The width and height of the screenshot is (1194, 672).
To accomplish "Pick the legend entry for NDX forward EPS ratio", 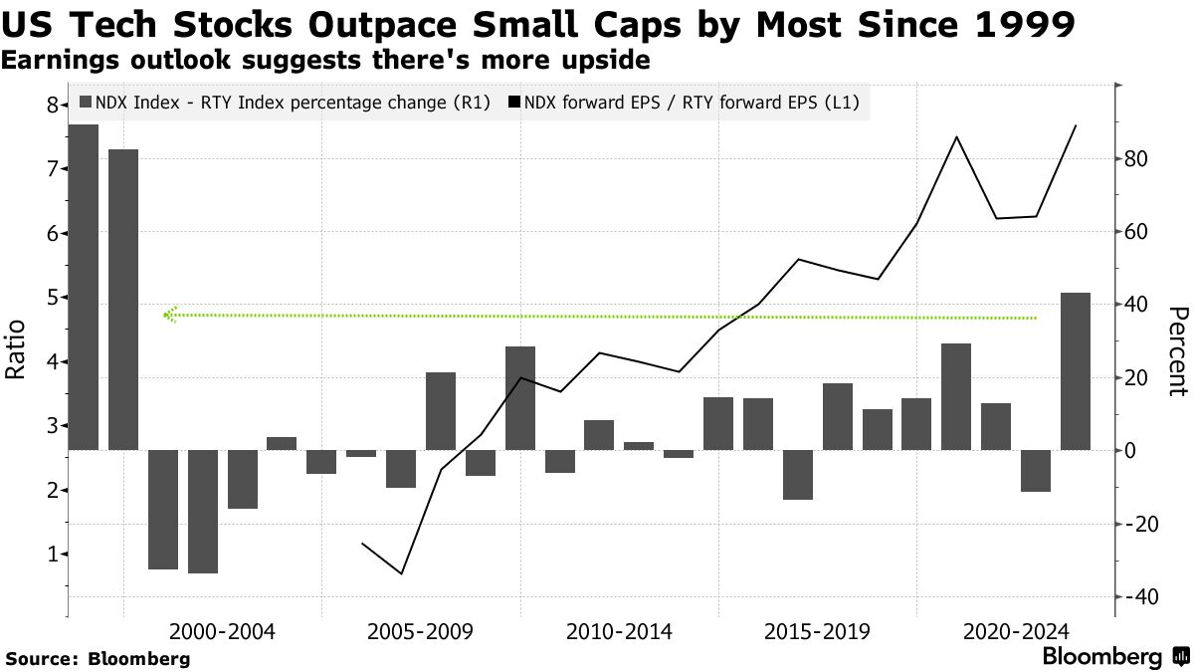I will coord(688,102).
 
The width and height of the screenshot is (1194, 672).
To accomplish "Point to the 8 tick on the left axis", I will coord(51,105).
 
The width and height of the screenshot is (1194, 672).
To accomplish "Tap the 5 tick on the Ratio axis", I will coord(51,298).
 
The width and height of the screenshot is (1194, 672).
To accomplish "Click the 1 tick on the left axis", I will coord(51,555).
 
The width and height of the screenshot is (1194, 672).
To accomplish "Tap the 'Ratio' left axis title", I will coord(16,349).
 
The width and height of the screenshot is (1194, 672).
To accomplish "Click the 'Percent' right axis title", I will coord(1177,350).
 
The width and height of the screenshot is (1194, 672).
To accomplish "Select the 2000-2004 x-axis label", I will coord(222,632).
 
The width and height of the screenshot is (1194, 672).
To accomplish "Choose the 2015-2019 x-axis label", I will coord(818,632).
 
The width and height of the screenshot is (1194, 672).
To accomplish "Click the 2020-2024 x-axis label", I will coord(1016,632).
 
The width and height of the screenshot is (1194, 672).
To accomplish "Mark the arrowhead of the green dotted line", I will coord(168,315).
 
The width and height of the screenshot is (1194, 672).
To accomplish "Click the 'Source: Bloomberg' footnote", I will coord(98,658).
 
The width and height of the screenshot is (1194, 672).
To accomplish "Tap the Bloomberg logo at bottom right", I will coord(1115,657).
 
